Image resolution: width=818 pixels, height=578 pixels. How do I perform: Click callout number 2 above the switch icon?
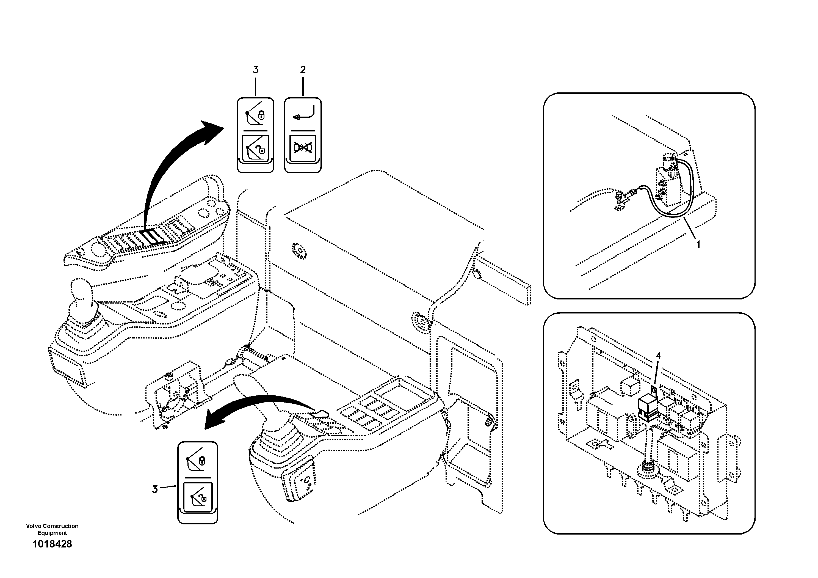[x=303, y=70]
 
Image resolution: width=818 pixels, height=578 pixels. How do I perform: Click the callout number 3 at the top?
[x=255, y=70]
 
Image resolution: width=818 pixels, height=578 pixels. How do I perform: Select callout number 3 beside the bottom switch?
[x=155, y=489]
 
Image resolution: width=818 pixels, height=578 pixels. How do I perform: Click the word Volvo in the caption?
[x=34, y=526]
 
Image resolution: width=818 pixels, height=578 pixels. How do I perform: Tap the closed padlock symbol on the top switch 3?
[x=261, y=115]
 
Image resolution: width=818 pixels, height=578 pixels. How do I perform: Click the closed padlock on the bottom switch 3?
[x=202, y=461]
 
